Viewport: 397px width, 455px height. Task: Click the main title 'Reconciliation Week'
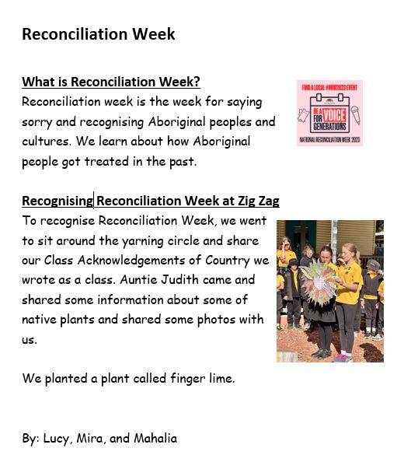[x=99, y=34]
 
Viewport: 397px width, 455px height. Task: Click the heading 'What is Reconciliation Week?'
[x=111, y=82]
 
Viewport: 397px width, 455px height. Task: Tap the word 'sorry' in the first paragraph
[x=37, y=122]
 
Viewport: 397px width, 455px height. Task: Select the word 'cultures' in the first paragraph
[x=46, y=142]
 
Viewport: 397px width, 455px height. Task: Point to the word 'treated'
[x=106, y=161]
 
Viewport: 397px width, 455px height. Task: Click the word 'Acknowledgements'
[x=131, y=261]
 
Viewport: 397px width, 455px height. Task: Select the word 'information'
[x=130, y=299]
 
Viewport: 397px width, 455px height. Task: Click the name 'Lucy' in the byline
[x=56, y=439]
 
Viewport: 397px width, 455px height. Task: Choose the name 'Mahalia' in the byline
[x=155, y=438]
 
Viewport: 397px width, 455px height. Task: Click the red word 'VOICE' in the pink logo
[x=334, y=115]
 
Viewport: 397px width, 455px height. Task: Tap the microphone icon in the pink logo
[x=356, y=114]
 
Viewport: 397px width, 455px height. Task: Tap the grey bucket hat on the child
[x=373, y=265]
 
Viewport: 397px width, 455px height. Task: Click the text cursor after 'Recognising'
[x=93, y=200]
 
